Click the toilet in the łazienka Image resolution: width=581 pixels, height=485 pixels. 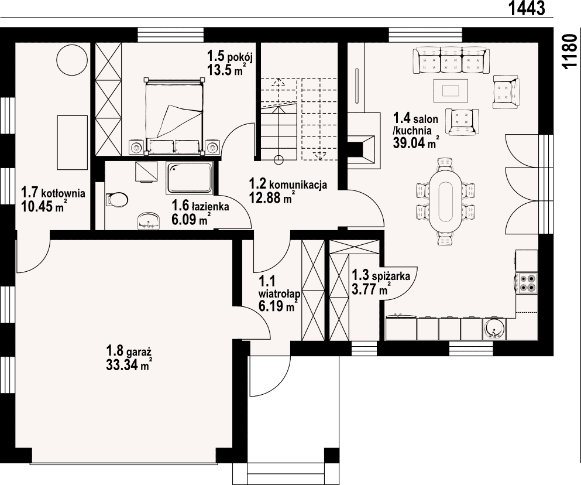(116, 199)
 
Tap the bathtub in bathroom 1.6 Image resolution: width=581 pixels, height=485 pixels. (190, 177)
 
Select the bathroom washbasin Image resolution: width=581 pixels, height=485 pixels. (149, 221)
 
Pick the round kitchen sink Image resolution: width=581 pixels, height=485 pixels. (494, 329)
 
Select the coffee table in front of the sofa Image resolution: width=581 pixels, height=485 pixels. (451, 90)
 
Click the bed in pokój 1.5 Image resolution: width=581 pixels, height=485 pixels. (175, 116)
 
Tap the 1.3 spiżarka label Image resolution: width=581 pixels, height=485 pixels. (380, 276)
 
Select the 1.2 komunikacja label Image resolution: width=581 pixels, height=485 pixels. (288, 184)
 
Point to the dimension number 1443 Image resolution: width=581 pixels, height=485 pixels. (527, 8)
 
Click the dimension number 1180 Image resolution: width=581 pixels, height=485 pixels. (569, 52)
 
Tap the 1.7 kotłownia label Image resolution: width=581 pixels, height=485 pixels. (53, 193)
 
